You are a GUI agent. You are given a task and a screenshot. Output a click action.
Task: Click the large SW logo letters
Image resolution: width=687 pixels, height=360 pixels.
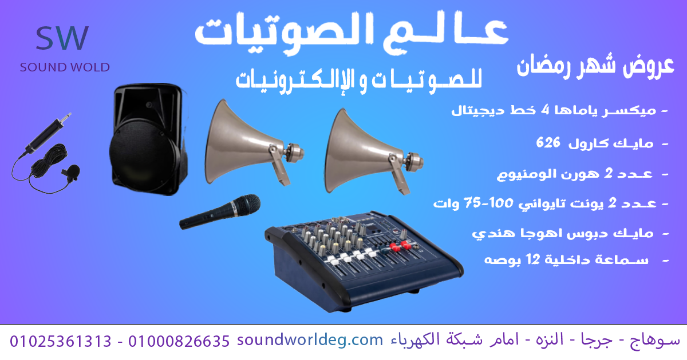pos(62,38)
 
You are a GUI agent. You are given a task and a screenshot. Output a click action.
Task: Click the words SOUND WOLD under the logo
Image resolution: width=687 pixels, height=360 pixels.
pos(65,67)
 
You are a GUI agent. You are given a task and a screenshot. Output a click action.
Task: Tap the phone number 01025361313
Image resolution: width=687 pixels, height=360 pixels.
pos(61,341)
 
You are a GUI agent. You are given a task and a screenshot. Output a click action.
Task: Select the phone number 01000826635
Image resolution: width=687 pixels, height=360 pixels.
pos(179,341)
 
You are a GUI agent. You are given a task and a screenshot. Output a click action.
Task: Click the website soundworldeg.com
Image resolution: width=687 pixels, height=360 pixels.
pos(310,341)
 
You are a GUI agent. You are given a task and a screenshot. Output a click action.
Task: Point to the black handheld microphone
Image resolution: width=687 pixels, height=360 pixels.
pos(220,211)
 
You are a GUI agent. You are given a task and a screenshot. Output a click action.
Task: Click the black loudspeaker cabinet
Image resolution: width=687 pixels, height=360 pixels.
pos(149,139)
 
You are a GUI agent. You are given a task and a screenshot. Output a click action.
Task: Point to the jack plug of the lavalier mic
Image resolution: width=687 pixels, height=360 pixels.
pos(65,118)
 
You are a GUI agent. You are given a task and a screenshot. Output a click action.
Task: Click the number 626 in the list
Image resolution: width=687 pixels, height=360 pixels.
pos(548,142)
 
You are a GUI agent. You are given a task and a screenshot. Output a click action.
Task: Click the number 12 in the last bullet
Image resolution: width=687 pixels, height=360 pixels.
pos(533,259)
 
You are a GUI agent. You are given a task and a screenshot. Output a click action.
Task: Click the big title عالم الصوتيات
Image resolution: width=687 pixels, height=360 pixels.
pos(352,33)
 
